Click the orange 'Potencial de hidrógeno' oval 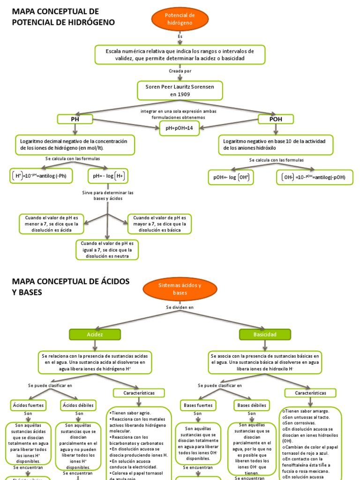(180, 19)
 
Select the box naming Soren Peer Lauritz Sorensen (180, 90)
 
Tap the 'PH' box (75, 119)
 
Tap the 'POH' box (276, 119)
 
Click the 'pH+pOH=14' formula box (180, 128)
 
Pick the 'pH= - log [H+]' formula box (108, 176)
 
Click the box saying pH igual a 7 (107, 250)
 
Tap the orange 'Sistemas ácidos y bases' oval (180, 289)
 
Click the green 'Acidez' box (95, 334)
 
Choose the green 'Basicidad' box (265, 334)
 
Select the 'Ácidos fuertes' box (28, 405)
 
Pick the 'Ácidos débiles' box (78, 405)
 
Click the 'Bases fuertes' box (198, 405)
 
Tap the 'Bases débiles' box (252, 405)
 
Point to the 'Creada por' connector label (180, 71)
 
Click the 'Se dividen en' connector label (180, 307)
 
